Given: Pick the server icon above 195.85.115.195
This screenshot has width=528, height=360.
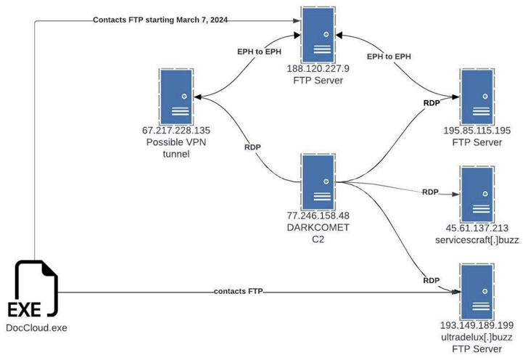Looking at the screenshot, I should pos(477,97).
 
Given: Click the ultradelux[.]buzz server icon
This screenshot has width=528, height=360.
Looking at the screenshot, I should pos(477,290).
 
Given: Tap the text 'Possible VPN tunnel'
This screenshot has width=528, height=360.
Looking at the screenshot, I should pos(177,147).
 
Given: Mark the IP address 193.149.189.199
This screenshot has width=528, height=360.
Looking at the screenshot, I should pos(477,324).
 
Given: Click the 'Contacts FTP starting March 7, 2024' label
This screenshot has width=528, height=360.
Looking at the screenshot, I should pos(160,20).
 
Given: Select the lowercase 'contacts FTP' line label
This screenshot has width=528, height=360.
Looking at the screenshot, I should pos(239,291).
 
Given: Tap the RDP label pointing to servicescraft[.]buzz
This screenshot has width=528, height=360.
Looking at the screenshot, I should pos(430,192).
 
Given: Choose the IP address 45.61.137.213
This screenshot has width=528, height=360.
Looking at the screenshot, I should pos(477,227).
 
